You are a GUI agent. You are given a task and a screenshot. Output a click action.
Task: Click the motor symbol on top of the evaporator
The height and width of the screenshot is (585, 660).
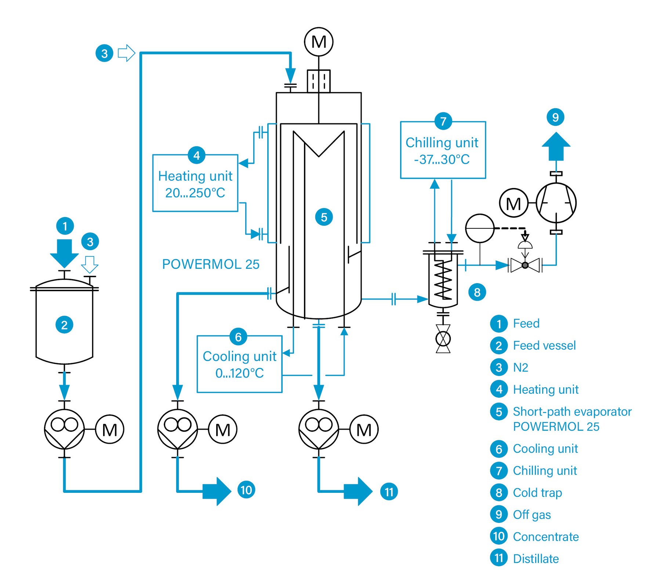(319, 42)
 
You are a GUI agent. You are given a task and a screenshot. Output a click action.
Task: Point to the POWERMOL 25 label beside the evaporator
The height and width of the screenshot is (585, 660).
(211, 264)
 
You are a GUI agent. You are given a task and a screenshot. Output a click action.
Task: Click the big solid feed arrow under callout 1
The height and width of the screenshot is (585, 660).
(64, 253)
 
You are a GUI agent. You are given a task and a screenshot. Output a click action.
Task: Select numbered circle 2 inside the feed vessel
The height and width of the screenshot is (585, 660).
(64, 325)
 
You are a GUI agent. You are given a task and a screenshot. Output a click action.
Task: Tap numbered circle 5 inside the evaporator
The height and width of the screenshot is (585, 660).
(324, 217)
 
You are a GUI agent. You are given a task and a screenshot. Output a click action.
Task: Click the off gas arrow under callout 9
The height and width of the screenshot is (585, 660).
(556, 146)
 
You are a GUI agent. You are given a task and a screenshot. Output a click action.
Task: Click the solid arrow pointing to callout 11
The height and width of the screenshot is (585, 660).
(358, 491)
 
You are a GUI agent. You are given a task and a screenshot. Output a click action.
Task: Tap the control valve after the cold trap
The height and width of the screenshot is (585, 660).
(525, 264)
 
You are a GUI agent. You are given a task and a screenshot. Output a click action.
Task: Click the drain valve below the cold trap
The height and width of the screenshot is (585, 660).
(443, 339)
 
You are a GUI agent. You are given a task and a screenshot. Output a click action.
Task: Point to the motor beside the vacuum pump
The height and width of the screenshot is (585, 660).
(514, 203)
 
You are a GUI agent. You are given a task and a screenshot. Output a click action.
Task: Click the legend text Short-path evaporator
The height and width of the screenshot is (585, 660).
(572, 411)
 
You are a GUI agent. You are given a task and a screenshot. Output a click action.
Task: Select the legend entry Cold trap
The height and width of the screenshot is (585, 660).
(537, 492)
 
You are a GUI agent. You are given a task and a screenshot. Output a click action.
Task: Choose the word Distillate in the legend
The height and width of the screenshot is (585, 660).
(536, 559)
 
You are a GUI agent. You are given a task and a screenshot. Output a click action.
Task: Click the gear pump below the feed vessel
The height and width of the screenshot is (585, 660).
(64, 429)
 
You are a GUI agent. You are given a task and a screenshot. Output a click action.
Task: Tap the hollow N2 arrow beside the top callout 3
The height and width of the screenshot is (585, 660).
(126, 53)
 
